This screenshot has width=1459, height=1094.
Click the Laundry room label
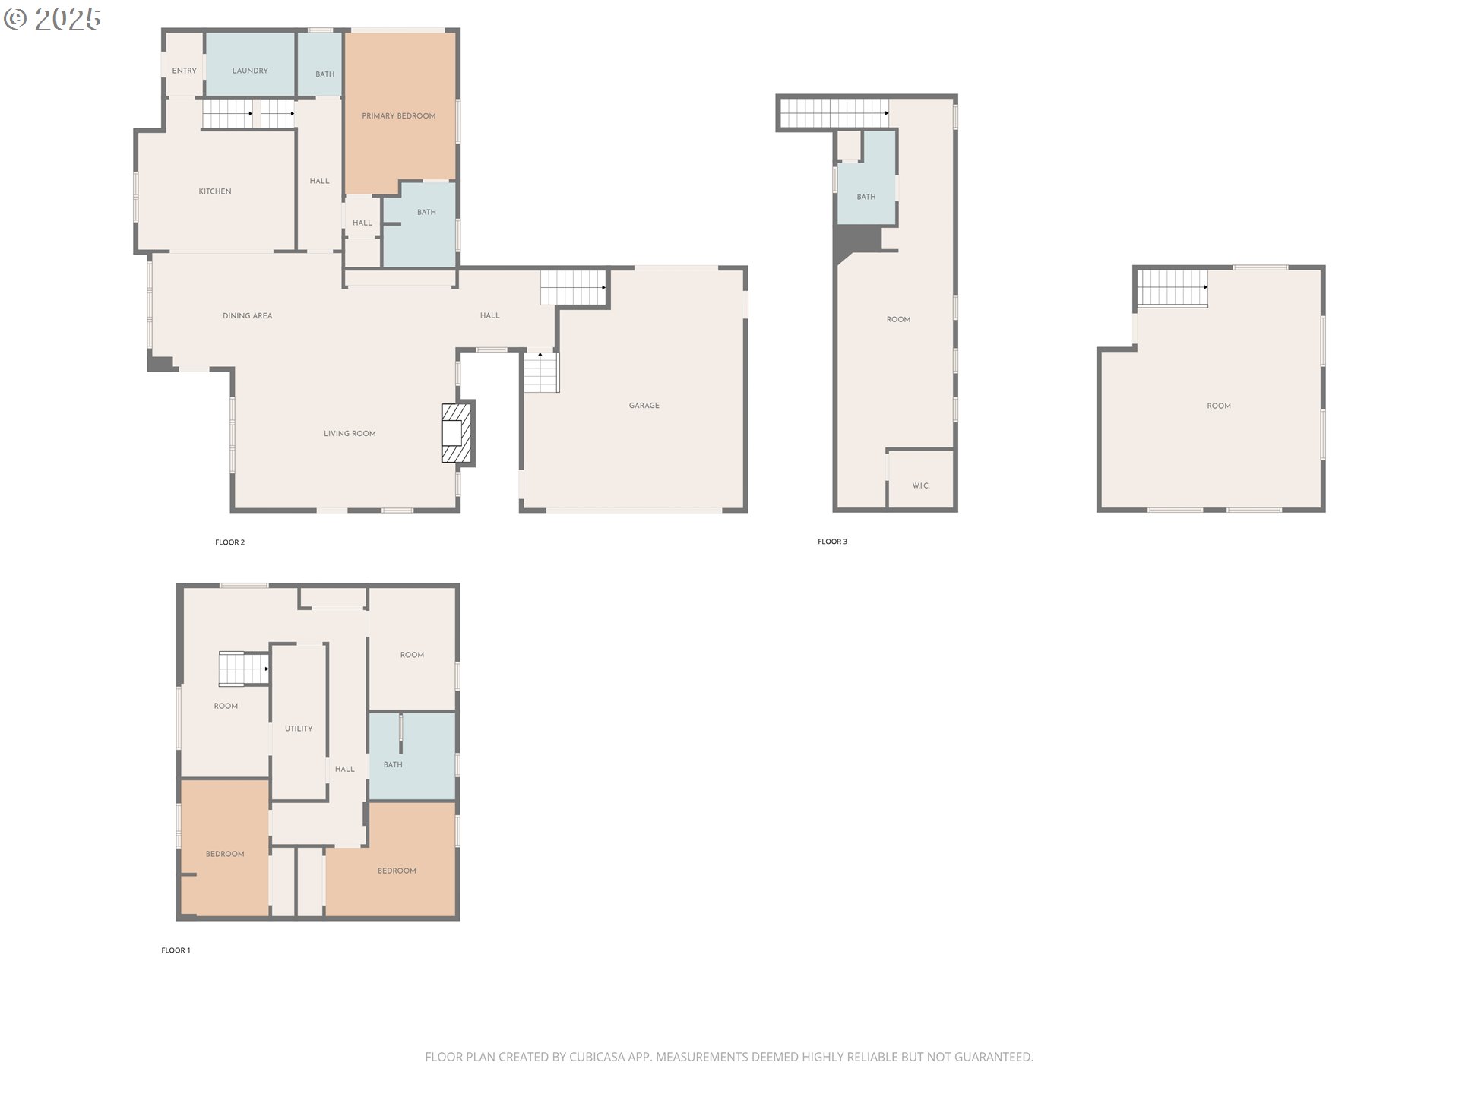click(x=250, y=71)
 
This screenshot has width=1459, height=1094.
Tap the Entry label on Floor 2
click(x=185, y=71)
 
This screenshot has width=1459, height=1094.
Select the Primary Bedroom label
click(x=399, y=116)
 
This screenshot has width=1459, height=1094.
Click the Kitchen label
click(x=215, y=191)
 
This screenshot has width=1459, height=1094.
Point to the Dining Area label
click(x=248, y=316)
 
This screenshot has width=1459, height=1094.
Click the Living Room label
click(x=350, y=434)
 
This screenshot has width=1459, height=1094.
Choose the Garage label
click(x=644, y=406)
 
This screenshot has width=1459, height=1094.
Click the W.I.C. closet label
click(x=921, y=486)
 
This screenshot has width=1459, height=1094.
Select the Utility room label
click(x=299, y=729)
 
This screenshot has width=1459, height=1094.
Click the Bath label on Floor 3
click(x=866, y=197)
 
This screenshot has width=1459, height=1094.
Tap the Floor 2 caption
click(x=230, y=542)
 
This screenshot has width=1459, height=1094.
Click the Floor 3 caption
click(x=833, y=542)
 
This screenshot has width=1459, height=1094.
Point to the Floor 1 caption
click(x=176, y=950)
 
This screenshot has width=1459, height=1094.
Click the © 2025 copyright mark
click(x=52, y=19)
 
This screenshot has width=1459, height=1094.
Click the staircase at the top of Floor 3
click(x=834, y=113)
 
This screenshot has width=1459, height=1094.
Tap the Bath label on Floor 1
click(x=393, y=765)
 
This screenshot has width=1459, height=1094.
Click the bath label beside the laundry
click(x=325, y=74)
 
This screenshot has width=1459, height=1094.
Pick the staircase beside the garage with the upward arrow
click(x=541, y=372)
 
